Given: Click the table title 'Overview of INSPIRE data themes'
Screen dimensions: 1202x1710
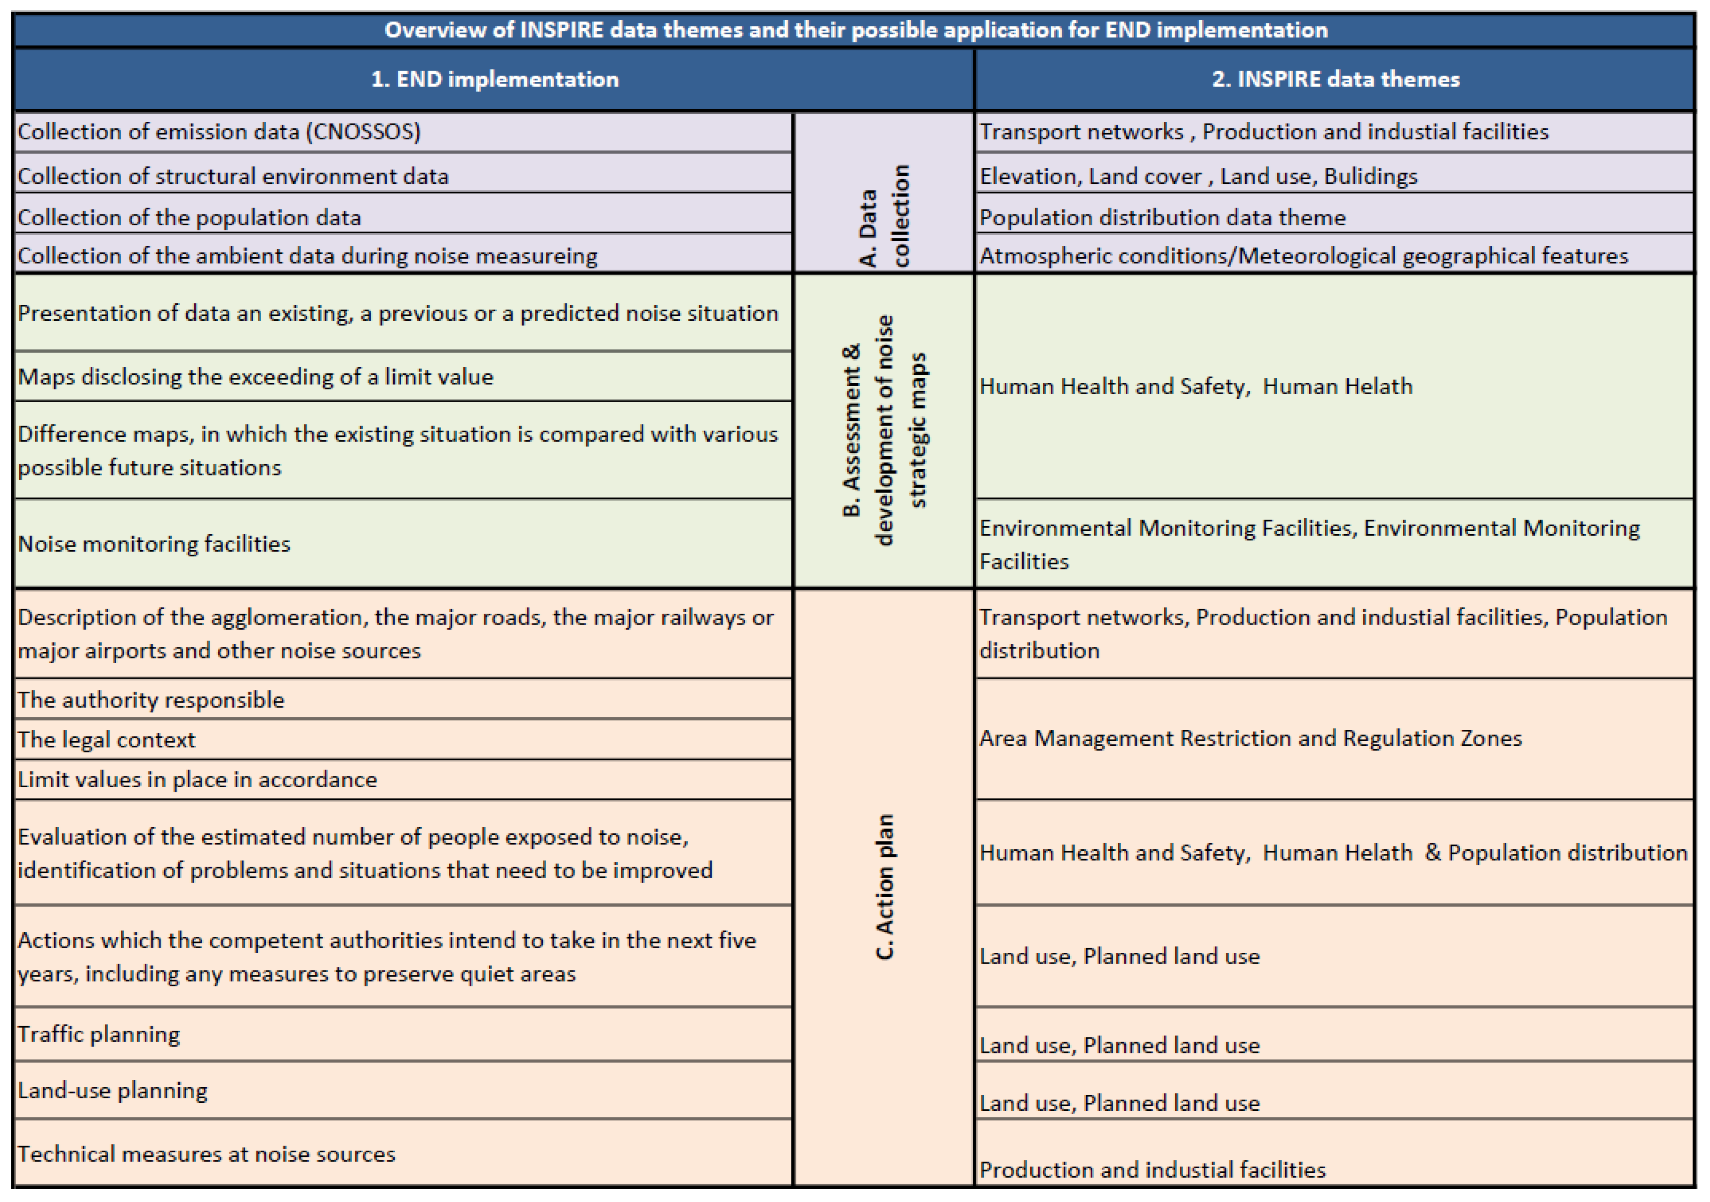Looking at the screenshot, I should point(855,30).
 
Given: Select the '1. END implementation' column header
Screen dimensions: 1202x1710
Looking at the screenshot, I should point(494,79).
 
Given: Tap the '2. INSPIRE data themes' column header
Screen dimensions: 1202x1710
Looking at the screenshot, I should point(1336,79).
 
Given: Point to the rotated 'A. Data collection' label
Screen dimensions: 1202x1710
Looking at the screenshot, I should point(884,216).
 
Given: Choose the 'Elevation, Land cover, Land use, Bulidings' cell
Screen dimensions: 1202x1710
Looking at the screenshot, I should point(1198,176).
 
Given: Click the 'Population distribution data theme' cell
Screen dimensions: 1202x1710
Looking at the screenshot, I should point(1162,217).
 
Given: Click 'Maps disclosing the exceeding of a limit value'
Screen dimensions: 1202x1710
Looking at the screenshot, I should point(255,377).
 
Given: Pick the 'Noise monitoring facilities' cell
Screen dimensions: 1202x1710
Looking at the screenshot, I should point(154,544).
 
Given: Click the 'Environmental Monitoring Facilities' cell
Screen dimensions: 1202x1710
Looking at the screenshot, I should point(1309,544).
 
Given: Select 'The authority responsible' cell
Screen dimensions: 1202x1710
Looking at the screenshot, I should point(151,700).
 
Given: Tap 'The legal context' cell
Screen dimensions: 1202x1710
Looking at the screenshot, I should point(106,740).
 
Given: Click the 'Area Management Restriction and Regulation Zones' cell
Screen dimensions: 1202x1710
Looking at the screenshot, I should point(1250,738).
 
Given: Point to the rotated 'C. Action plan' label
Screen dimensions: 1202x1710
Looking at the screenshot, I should point(884,886).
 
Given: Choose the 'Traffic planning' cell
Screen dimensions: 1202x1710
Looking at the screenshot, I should point(99,1035).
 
